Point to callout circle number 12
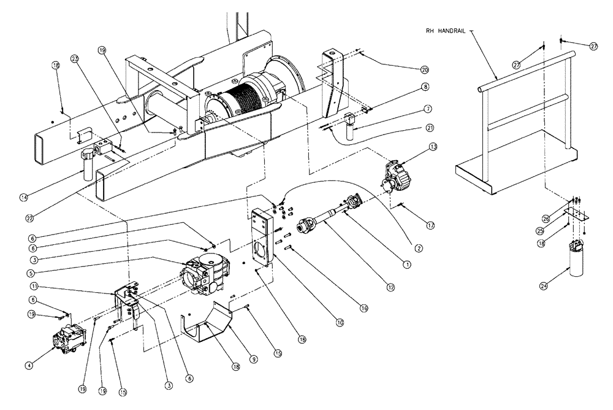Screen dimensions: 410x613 tap(385, 286)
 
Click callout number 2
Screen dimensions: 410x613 tap(418, 247)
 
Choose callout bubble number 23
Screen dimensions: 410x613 tap(75, 59)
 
